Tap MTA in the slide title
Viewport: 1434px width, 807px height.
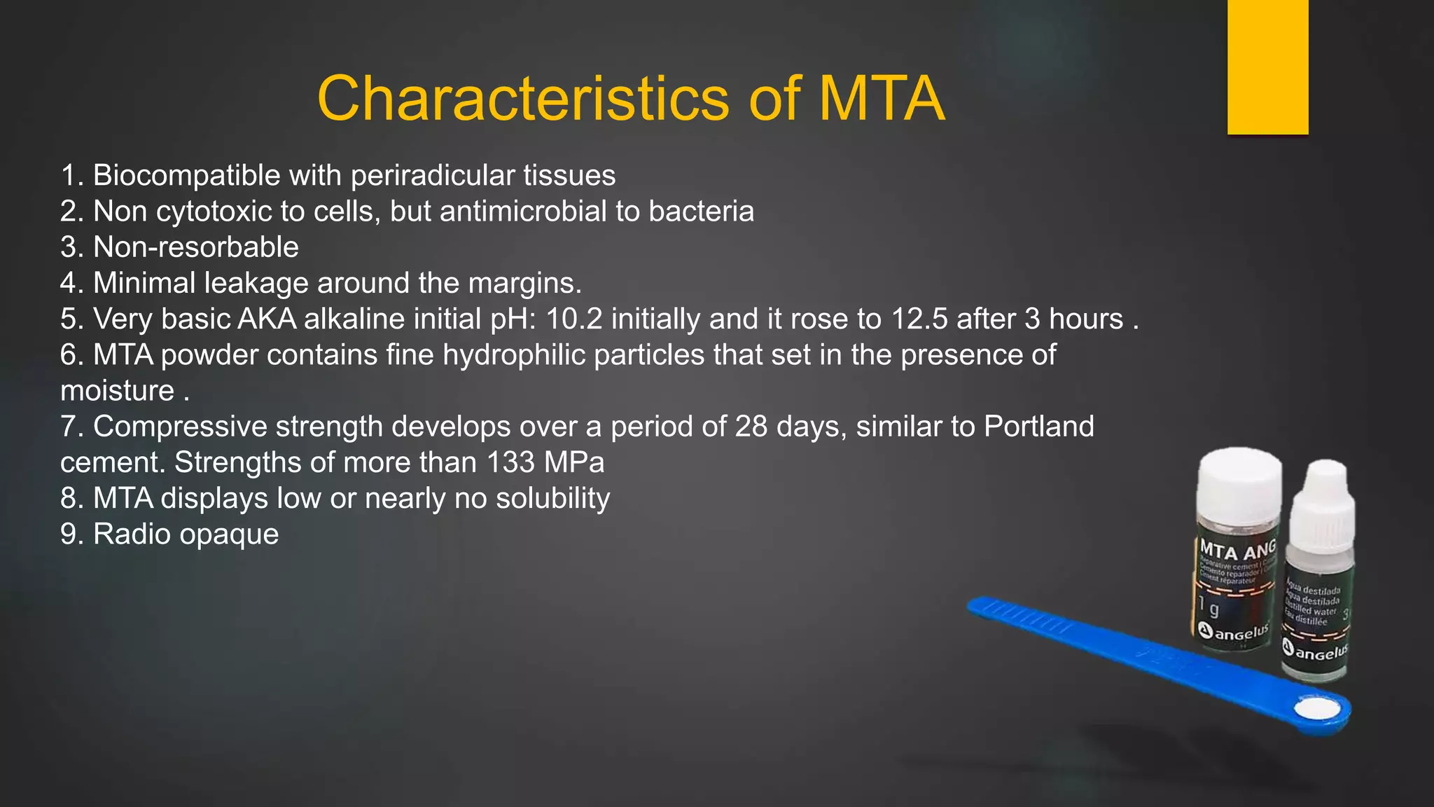coord(882,98)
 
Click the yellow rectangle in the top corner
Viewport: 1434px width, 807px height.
coord(1267,67)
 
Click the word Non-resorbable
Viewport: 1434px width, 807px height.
coord(196,247)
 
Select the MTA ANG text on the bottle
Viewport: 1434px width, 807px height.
coord(1237,548)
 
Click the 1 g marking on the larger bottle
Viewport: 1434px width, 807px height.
coord(1207,607)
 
